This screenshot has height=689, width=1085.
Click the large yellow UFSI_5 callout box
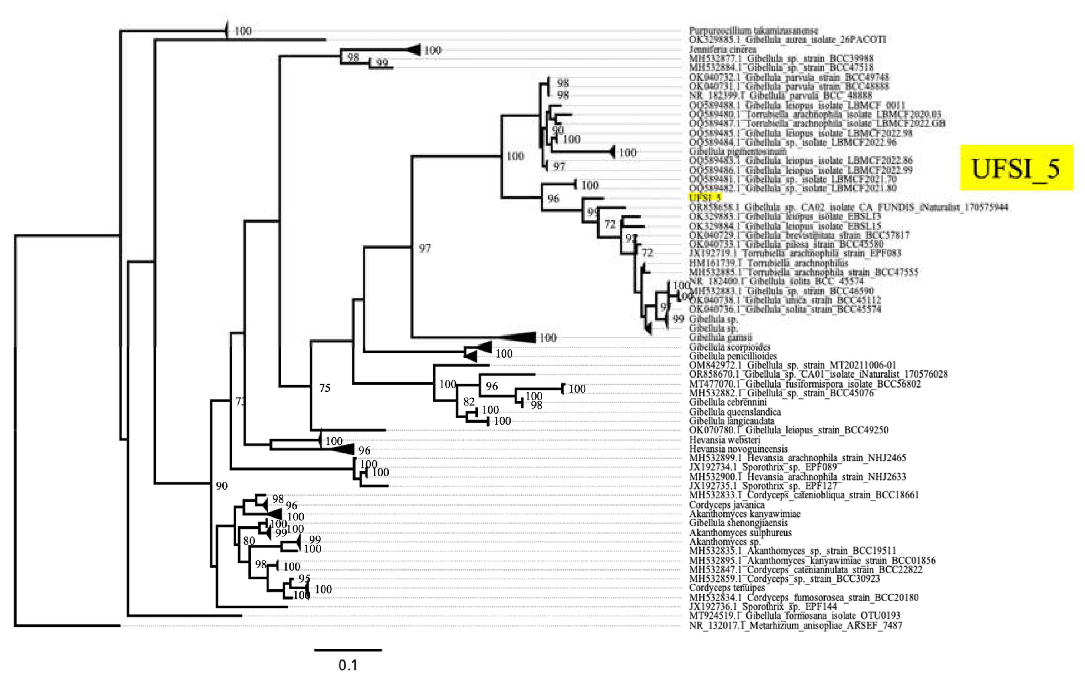(1017, 168)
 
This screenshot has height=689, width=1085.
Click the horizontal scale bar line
(348, 650)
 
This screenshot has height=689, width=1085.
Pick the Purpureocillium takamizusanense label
(753, 31)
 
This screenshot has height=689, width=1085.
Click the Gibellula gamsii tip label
(720, 337)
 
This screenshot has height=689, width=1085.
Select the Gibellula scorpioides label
(729, 347)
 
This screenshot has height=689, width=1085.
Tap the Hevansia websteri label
(724, 440)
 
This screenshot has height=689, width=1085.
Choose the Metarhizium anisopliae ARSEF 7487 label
(795, 625)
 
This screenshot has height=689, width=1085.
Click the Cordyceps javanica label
(726, 504)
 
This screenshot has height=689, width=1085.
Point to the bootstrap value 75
(325, 388)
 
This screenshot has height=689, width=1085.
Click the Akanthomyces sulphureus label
(740, 533)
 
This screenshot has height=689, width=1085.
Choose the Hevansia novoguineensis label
(738, 449)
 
